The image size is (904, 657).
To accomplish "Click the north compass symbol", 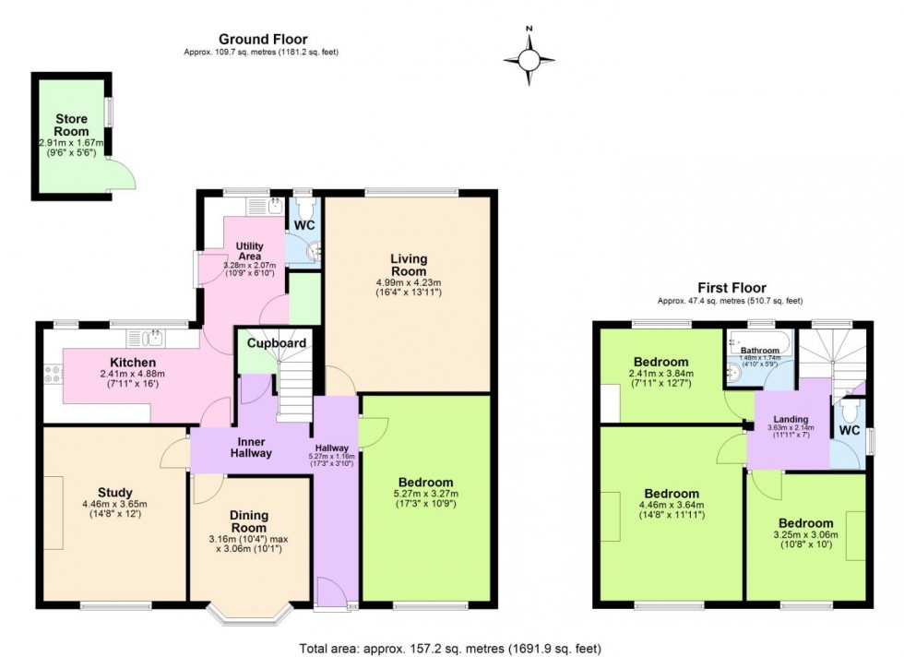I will [x=529, y=58].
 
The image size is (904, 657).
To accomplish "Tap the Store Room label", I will [x=71, y=125].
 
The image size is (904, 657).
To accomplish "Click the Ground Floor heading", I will [x=262, y=39].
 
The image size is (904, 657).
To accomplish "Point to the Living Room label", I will [x=408, y=265].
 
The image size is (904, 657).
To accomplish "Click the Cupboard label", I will [x=276, y=343].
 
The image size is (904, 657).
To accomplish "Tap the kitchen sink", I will [x=152, y=337].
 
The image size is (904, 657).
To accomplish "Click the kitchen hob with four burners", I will [x=53, y=375].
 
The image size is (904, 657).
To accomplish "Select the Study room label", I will [x=114, y=492].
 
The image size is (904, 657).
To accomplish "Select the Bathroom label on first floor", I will [x=761, y=351].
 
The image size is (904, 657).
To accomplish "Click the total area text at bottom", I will [x=450, y=648].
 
